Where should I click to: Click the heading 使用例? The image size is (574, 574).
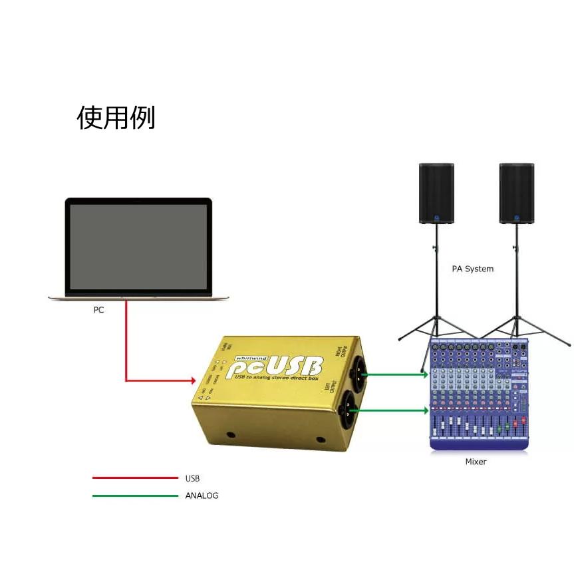116,118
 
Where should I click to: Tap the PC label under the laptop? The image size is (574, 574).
98,309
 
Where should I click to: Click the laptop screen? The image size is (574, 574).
138,246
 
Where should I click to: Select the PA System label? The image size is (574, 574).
472,269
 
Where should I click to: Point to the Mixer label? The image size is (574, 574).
476,462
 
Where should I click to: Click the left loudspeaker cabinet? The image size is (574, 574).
436,193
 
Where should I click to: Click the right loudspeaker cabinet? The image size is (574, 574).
517,193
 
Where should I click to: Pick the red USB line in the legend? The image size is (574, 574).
135,478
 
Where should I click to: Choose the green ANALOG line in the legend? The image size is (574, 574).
135,496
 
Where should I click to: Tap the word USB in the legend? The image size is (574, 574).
192,478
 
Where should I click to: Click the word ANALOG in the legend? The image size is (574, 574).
202,496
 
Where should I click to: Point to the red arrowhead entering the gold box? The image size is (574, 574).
191,381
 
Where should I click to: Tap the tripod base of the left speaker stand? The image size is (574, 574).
436,329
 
